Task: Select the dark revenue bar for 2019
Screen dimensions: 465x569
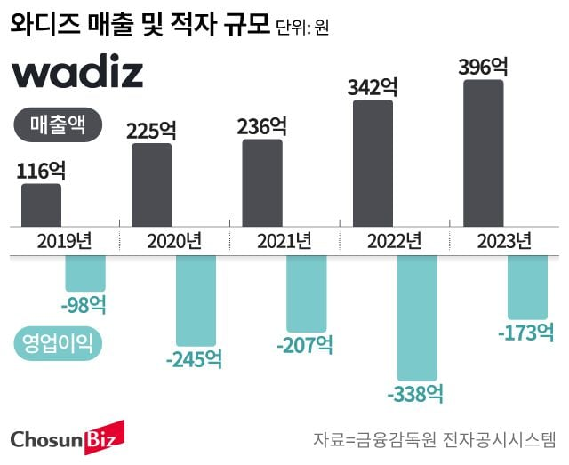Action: [41, 204]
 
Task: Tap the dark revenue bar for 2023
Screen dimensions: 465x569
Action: [484, 152]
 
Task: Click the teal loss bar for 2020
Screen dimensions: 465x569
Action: [196, 301]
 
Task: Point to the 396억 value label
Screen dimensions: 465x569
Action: [483, 67]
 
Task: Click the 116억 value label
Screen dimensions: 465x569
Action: [41, 170]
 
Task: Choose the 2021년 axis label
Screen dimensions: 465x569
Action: [284, 241]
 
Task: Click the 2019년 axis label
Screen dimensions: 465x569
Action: [65, 241]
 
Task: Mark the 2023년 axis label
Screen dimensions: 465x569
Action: [503, 241]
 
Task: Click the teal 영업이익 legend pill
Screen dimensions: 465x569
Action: [59, 341]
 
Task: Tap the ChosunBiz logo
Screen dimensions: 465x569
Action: [68, 437]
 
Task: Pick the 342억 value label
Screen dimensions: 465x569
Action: [373, 87]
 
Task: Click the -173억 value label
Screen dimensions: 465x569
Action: [526, 333]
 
